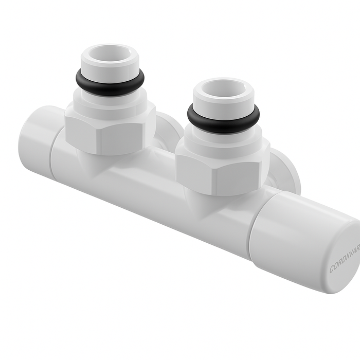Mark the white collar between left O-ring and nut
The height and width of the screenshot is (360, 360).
point(110,98)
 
